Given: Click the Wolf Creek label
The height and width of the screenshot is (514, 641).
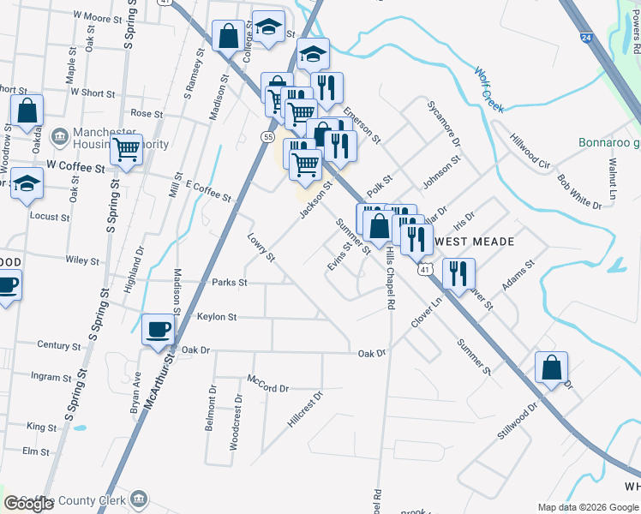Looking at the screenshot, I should click(489, 89).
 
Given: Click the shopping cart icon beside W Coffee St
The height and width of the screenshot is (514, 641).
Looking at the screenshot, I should click(127, 150).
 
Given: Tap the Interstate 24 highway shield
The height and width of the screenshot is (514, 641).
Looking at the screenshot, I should click(584, 38).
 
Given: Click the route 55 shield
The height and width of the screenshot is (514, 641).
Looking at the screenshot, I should click(268, 137).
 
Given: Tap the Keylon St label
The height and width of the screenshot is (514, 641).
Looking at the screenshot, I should click(217, 317).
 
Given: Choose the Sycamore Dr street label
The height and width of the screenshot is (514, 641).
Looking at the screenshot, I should click(444, 123).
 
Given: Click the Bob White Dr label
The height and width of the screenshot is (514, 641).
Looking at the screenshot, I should click(579, 192).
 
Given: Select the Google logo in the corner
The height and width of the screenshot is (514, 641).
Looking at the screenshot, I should click(28, 504).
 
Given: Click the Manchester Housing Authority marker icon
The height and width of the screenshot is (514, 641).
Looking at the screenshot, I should click(59, 136).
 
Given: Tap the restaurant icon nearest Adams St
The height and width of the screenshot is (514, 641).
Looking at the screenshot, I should click(458, 273).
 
